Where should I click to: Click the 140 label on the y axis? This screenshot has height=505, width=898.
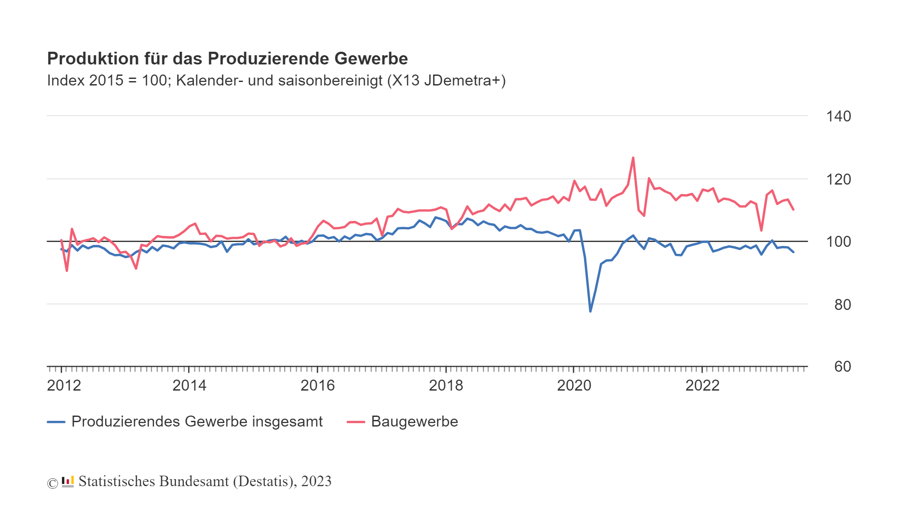tap(838, 117)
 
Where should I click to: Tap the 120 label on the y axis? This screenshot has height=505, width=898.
tap(838, 180)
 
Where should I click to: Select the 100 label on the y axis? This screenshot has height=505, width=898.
tap(838, 242)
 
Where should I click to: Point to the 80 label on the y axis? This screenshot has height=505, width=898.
tap(842, 305)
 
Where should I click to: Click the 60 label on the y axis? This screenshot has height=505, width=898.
tap(842, 367)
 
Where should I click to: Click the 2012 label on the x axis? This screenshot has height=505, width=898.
tap(64, 386)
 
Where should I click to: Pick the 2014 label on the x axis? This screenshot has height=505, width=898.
tap(189, 386)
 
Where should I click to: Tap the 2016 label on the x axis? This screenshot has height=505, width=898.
tap(317, 386)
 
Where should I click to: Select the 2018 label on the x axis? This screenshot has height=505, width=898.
tap(446, 386)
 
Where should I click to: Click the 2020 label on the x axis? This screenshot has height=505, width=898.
tap(574, 386)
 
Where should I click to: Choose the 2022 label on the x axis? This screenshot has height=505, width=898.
tap(702, 386)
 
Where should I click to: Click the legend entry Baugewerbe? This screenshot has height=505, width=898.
tap(414, 422)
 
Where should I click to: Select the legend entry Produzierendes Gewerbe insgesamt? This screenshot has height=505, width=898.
tap(196, 422)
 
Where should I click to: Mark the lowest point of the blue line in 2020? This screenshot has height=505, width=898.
tap(590, 311)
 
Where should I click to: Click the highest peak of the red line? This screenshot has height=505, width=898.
tap(633, 157)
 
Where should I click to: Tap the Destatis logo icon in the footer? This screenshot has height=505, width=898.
tap(68, 482)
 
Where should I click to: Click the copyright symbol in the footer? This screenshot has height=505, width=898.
tap(53, 483)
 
